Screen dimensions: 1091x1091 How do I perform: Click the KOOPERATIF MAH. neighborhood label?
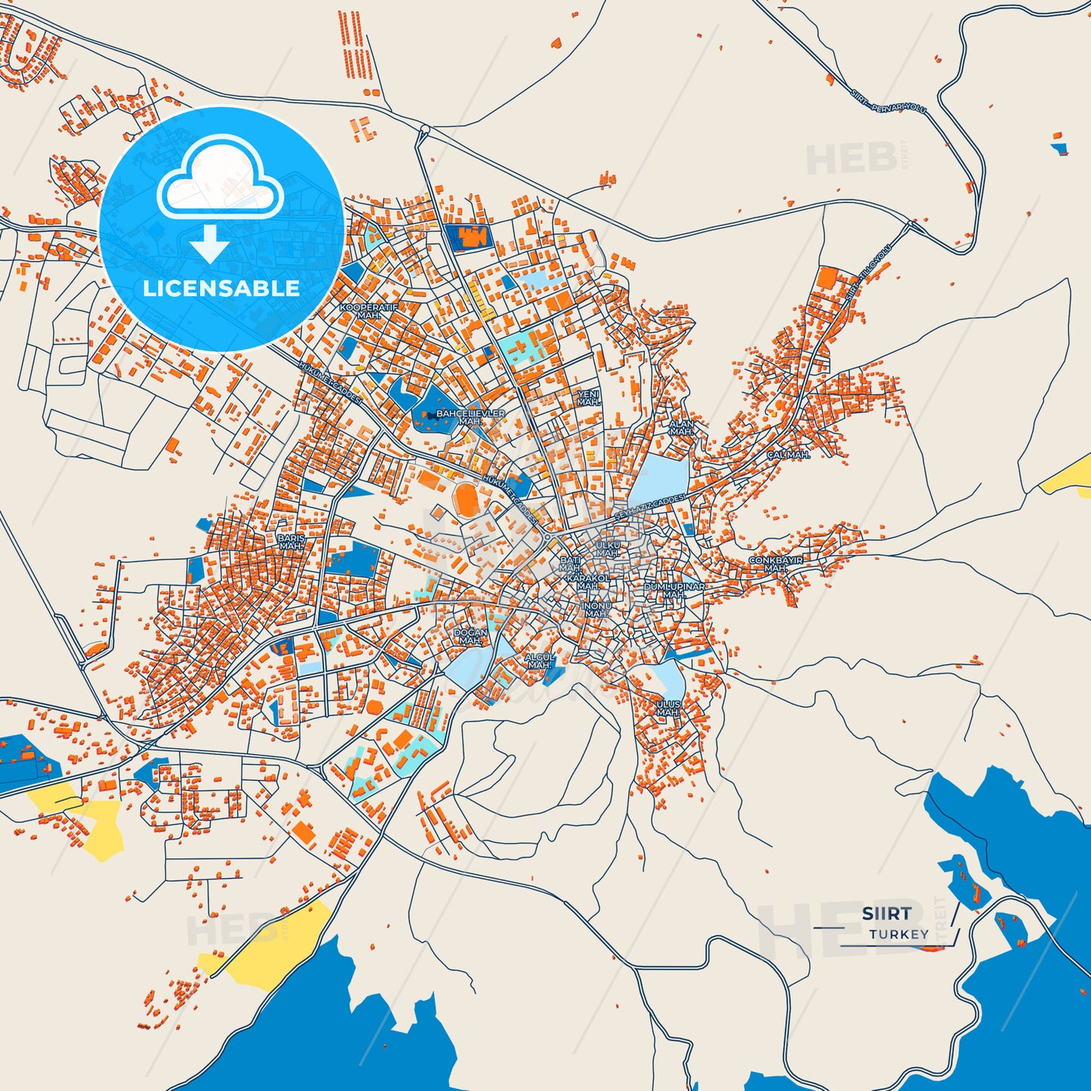pyautogui.click(x=368, y=311)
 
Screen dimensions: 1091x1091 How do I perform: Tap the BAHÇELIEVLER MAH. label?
pyautogui.click(x=470, y=418)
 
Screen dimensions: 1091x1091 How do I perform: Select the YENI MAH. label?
pyautogui.click(x=588, y=399)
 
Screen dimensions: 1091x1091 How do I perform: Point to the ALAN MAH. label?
pyautogui.click(x=681, y=428)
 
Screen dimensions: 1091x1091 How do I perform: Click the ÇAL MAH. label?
pyautogui.click(x=788, y=455)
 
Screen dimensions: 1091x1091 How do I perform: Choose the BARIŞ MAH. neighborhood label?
pyautogui.click(x=291, y=542)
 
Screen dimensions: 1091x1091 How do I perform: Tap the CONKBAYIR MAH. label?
pyautogui.click(x=775, y=564)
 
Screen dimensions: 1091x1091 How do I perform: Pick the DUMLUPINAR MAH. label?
pyautogui.click(x=674, y=590)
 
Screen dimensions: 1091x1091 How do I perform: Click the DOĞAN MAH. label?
pyautogui.click(x=470, y=636)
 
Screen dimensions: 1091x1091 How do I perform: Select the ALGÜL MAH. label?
pyautogui.click(x=540, y=661)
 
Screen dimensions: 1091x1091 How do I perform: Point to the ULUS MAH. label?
pyautogui.click(x=668, y=708)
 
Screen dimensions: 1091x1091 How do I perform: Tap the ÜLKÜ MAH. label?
pyautogui.click(x=608, y=549)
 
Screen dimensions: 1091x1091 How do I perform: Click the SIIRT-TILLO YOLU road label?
pyautogui.click(x=868, y=273)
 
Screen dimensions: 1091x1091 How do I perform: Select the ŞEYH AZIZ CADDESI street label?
pyautogui.click(x=649, y=506)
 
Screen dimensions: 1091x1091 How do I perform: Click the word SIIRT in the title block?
pyautogui.click(x=886, y=914)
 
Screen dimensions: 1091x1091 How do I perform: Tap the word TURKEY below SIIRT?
pyautogui.click(x=898, y=935)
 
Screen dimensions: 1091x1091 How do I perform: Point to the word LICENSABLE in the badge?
pyautogui.click(x=221, y=288)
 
